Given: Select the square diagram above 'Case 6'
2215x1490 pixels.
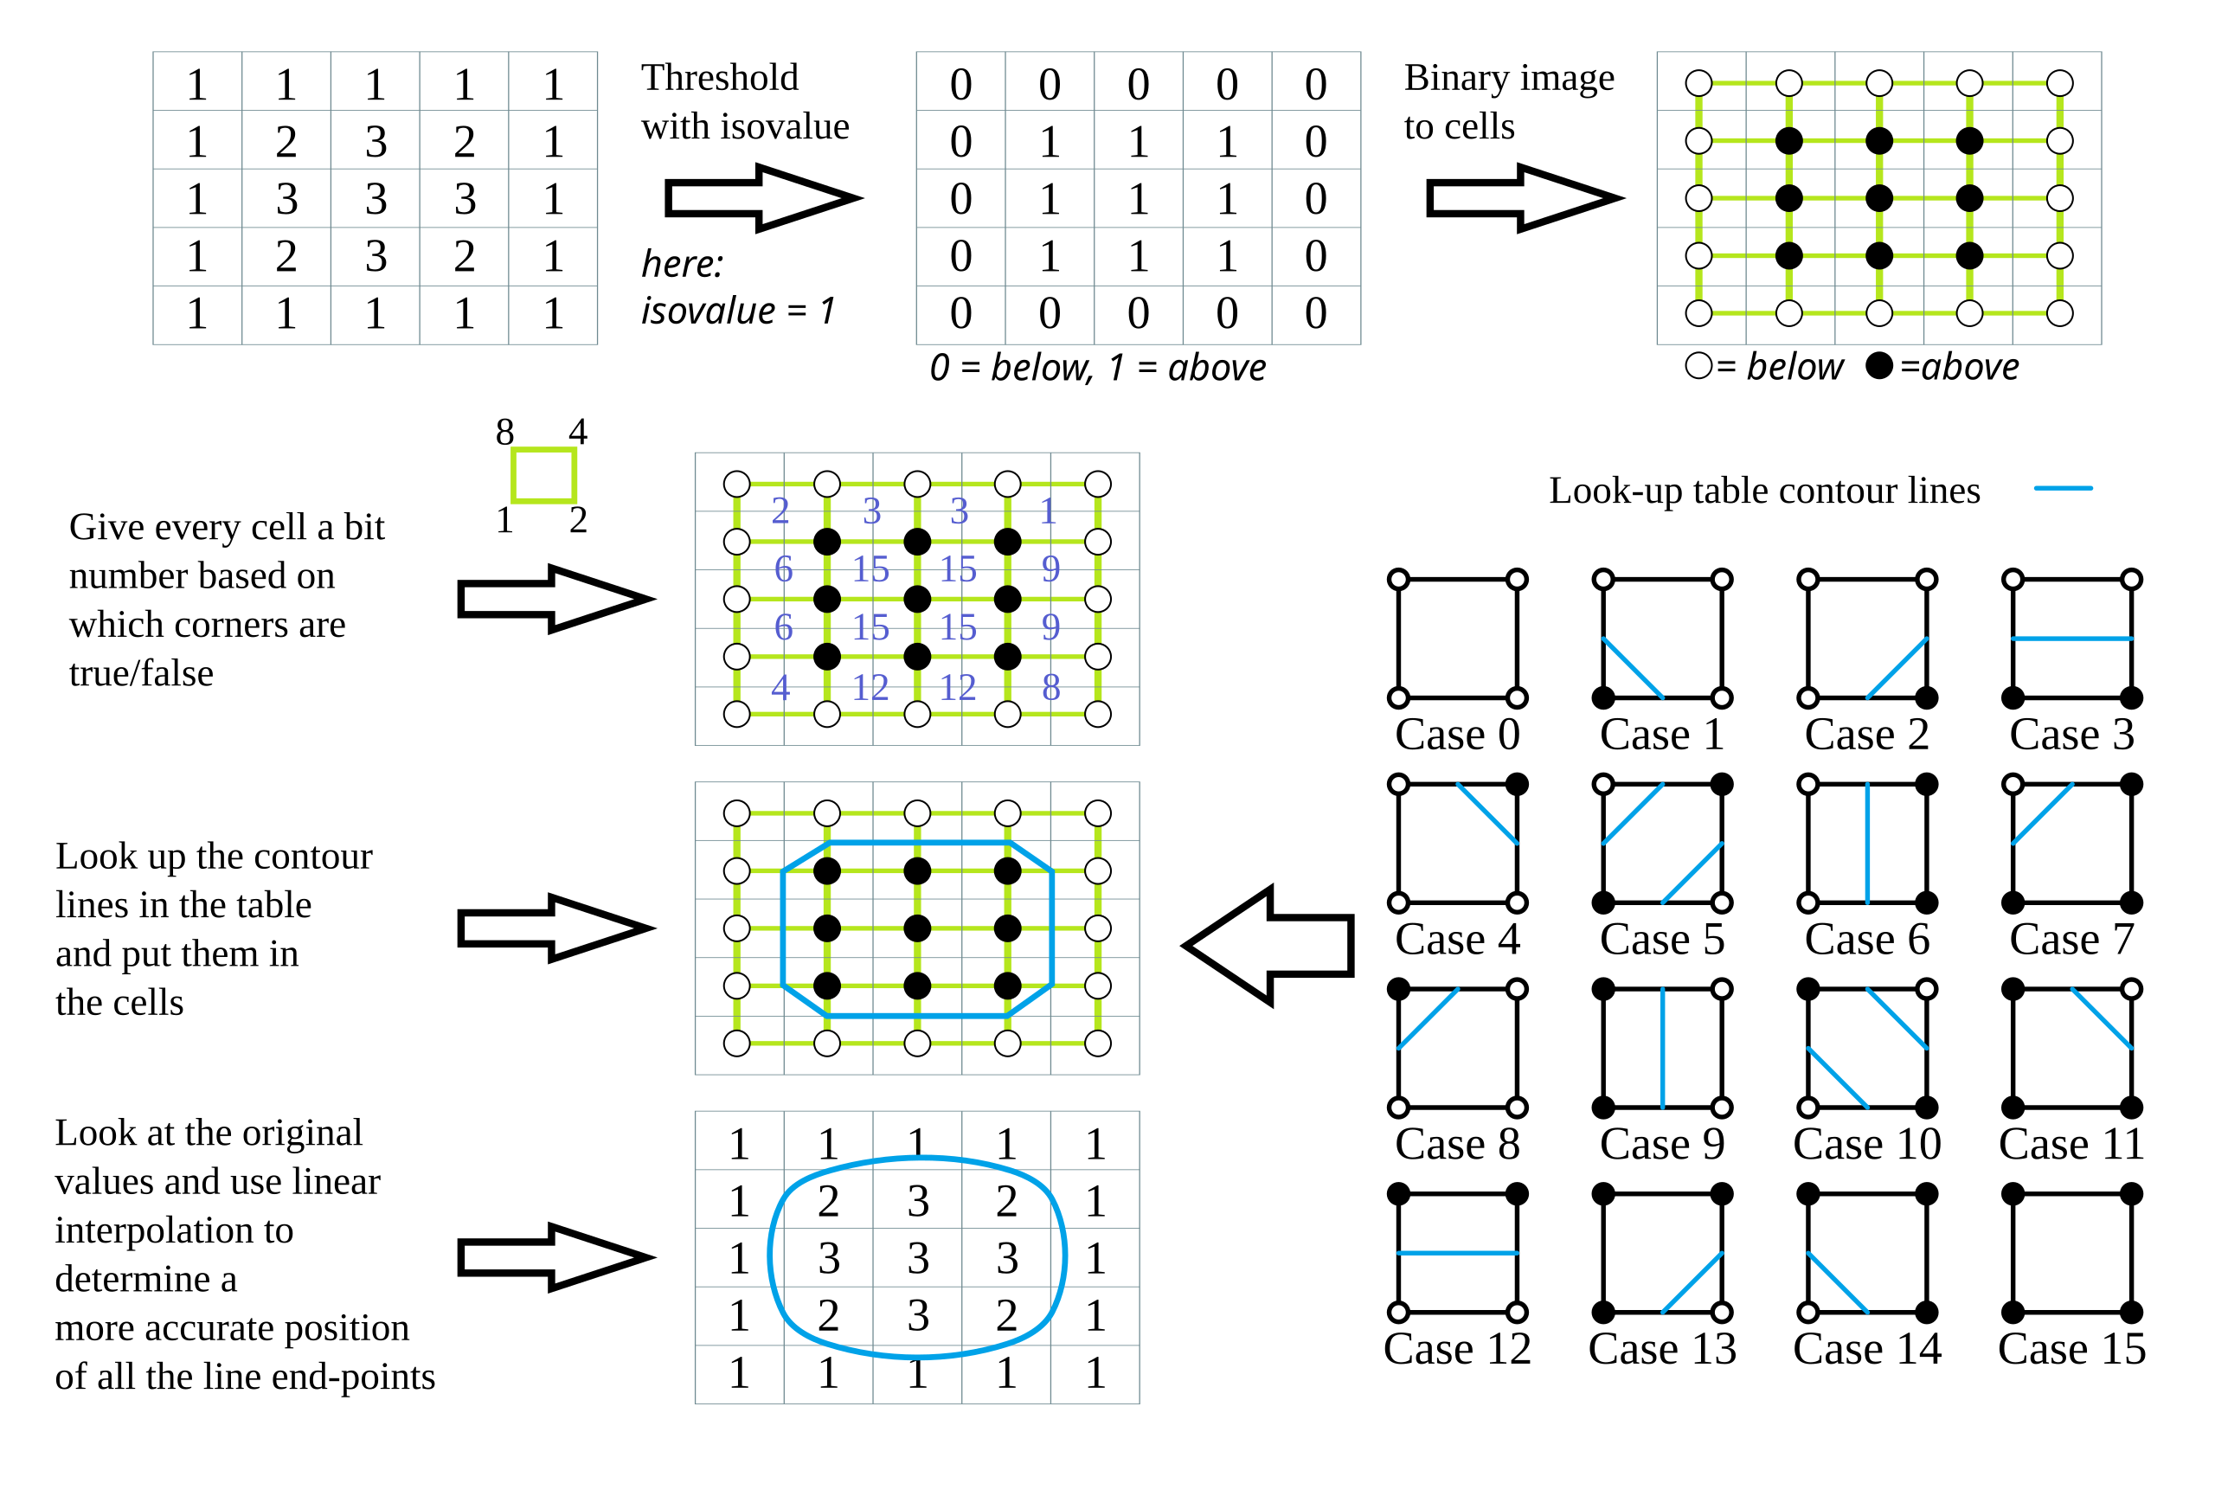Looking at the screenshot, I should pos(1866,843).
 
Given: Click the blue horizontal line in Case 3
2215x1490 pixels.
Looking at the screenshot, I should pos(2071,639).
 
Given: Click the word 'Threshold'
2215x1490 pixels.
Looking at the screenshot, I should pos(719,78).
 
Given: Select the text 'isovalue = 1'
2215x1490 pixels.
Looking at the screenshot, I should pos(737,311).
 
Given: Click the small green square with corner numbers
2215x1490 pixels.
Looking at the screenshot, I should pos(543,475).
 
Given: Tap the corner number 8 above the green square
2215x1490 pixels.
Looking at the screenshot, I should pos(504,433).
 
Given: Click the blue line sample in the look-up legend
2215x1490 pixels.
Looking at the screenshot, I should pos(2062,488).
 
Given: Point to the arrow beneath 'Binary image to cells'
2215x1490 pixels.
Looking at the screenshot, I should pos(1522,197).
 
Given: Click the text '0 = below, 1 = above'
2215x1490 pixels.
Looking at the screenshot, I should pos(1097,368).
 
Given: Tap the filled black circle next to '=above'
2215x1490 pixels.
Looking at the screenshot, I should pos(1878,366).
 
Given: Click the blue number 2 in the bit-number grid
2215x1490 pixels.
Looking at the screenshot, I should pos(780,511).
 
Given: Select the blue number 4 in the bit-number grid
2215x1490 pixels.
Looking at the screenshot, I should pos(780,687).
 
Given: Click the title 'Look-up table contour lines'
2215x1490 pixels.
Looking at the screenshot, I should pos(1763,491).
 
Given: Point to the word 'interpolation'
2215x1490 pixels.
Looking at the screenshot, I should pos(174,1230).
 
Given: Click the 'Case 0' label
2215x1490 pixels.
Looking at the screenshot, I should pos(1457,735).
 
